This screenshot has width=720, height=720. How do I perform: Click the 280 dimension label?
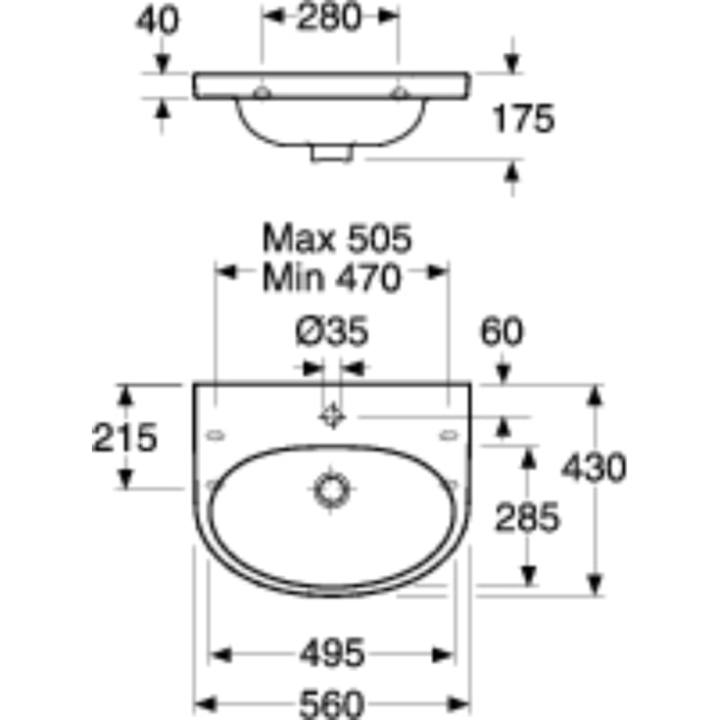(x=329, y=18)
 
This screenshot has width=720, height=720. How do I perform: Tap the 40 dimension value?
(x=157, y=22)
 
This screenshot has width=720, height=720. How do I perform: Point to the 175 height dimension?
(x=523, y=119)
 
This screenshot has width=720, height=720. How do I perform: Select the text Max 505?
(x=337, y=239)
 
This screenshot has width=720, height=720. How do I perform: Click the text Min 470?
(x=331, y=278)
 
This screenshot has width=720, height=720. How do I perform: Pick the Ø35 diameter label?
(x=332, y=331)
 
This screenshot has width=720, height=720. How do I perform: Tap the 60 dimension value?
(x=502, y=331)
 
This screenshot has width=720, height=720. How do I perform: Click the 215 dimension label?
(x=124, y=438)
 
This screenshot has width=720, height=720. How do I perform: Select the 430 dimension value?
(x=594, y=467)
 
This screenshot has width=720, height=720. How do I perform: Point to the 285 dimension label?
(x=528, y=517)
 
